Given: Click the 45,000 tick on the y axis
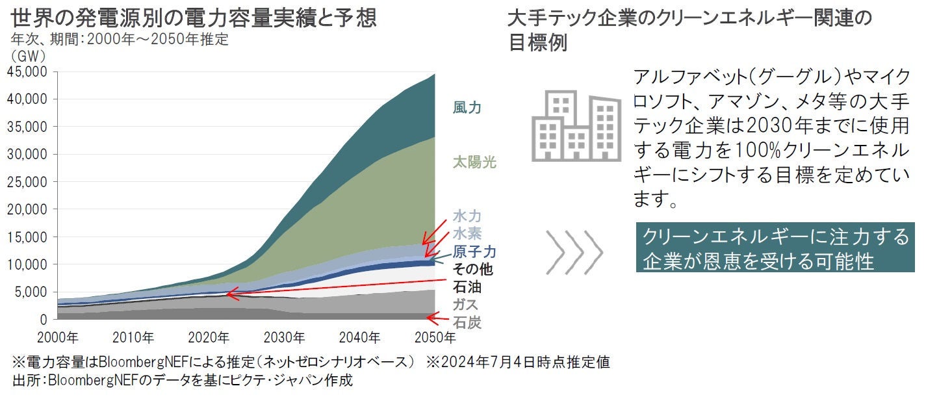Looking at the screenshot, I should tap(28, 72).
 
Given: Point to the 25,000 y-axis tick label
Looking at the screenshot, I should tap(28, 182).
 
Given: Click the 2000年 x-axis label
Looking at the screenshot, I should tap(59, 338).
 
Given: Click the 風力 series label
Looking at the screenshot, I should tap(467, 108).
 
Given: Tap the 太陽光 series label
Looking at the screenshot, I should tap(474, 162).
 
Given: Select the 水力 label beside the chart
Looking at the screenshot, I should tap(467, 216).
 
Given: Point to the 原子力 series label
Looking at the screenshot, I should tap(474, 251).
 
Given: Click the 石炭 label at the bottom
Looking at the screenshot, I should tap(467, 322).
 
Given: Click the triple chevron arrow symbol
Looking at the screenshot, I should tap(574, 250).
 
